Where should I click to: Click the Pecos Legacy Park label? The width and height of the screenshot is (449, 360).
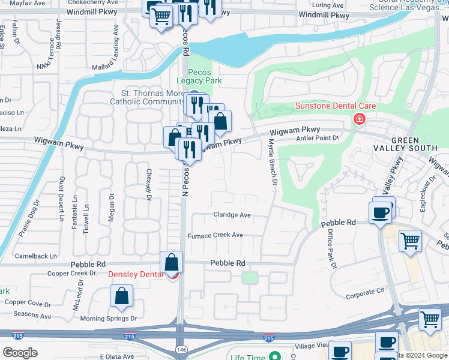pos(199,76)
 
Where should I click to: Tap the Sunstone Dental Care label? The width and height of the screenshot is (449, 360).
pos(335,106)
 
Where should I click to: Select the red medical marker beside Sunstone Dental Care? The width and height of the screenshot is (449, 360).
pos(360,119)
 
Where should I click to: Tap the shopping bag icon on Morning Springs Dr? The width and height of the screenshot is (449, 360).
pos(121,296)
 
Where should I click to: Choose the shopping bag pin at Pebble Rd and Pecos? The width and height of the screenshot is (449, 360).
pos(172,262)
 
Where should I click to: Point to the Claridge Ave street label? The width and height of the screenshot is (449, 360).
pos(232,215)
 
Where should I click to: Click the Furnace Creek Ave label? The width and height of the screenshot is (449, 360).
pos(215,235)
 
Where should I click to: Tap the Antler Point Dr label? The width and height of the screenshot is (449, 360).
pos(319,138)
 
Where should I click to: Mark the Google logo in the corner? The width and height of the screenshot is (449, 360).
pos(20,353)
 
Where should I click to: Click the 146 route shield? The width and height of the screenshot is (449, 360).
pos(181,349)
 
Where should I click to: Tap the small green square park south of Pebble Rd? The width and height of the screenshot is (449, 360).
pos(249,278)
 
